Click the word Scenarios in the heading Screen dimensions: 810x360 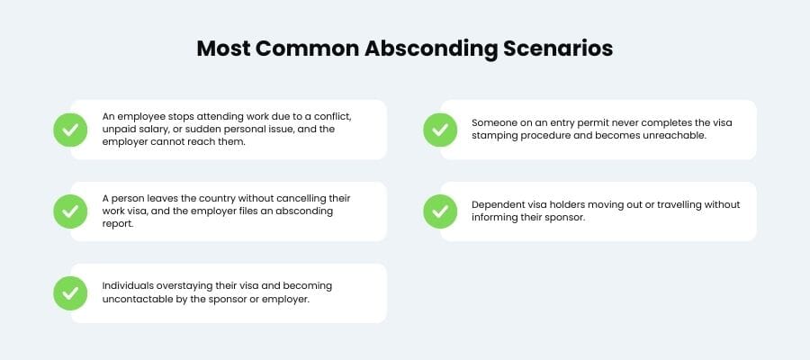pyautogui.click(x=558, y=49)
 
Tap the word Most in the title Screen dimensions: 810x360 pyautogui.click(x=222, y=49)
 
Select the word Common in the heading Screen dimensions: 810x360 pyautogui.click(x=308, y=49)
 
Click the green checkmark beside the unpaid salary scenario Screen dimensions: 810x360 pyautogui.click(x=70, y=130)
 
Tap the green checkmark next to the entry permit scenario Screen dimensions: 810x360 pyautogui.click(x=440, y=130)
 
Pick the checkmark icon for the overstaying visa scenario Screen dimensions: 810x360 pyautogui.click(x=70, y=293)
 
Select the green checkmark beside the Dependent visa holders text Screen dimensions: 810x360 pyautogui.click(x=440, y=211)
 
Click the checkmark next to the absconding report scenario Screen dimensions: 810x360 pyautogui.click(x=70, y=211)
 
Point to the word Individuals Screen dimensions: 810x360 pyautogui.click(x=124, y=286)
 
